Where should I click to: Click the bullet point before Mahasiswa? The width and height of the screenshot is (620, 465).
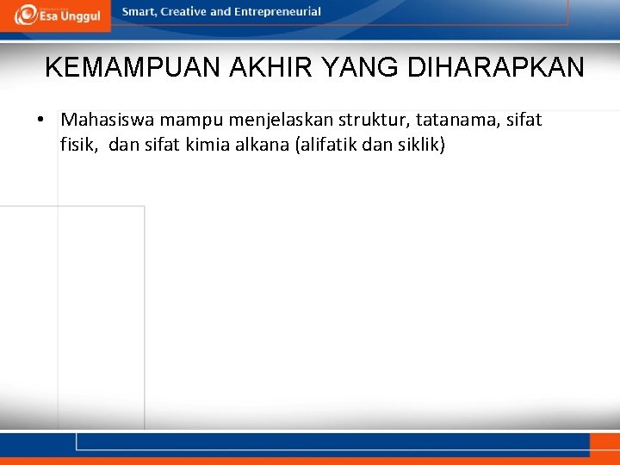point(40,120)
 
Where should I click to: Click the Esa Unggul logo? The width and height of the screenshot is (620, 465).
point(57,15)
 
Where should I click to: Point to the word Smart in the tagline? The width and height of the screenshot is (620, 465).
point(139,12)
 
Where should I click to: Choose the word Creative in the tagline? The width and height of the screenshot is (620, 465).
point(183,12)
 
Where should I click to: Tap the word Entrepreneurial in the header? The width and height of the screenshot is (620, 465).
point(277,12)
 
